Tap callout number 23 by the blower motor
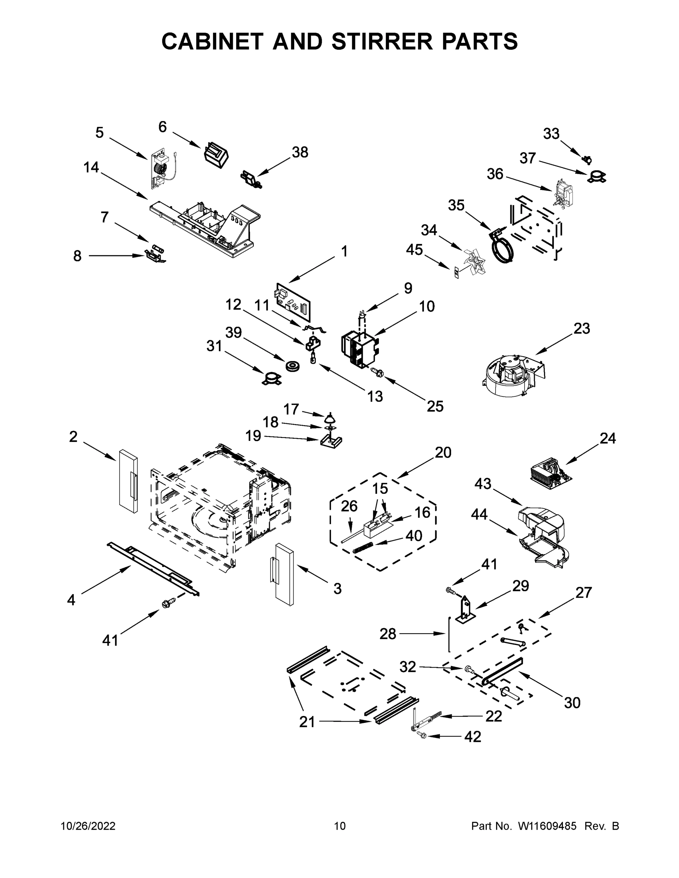(x=581, y=329)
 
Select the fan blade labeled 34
(x=473, y=262)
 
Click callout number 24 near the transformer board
(x=607, y=438)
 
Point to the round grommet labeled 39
(x=292, y=366)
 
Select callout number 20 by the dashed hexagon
(x=443, y=453)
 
